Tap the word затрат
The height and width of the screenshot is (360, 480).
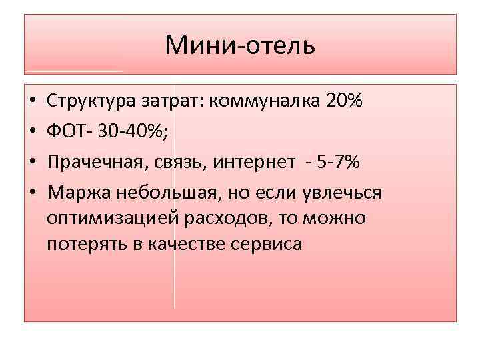tap(171, 102)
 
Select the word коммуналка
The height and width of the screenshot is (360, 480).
tap(266, 102)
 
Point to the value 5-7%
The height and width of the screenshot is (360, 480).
tap(337, 162)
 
